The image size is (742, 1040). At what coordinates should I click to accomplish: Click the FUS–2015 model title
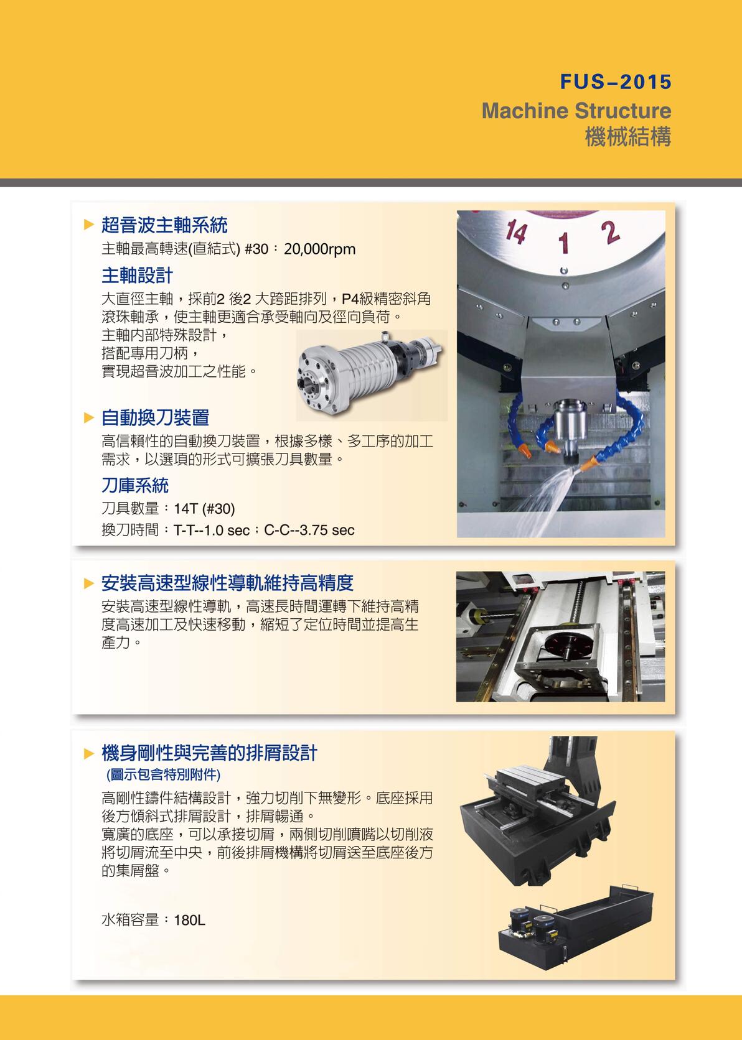(615, 82)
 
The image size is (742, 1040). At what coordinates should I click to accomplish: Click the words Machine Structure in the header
(576, 111)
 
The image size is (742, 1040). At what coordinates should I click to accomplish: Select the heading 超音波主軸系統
(164, 225)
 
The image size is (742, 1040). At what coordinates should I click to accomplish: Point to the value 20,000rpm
(319, 249)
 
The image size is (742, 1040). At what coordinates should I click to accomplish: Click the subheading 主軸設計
(137, 275)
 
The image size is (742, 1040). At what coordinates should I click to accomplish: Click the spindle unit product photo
(371, 375)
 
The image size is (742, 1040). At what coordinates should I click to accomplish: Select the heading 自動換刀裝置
(155, 417)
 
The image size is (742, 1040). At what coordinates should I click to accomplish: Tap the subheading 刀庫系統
(134, 485)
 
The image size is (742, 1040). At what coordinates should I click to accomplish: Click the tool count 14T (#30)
(204, 509)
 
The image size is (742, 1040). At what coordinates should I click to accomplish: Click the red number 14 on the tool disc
(517, 232)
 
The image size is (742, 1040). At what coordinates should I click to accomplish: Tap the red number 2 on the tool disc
(610, 233)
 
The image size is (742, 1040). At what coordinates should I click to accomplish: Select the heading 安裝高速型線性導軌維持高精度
(227, 583)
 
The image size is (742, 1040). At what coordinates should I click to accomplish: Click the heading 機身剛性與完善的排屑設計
(209, 753)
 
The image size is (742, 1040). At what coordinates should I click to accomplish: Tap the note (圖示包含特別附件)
(163, 775)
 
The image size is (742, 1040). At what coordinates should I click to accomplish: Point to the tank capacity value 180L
(189, 920)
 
